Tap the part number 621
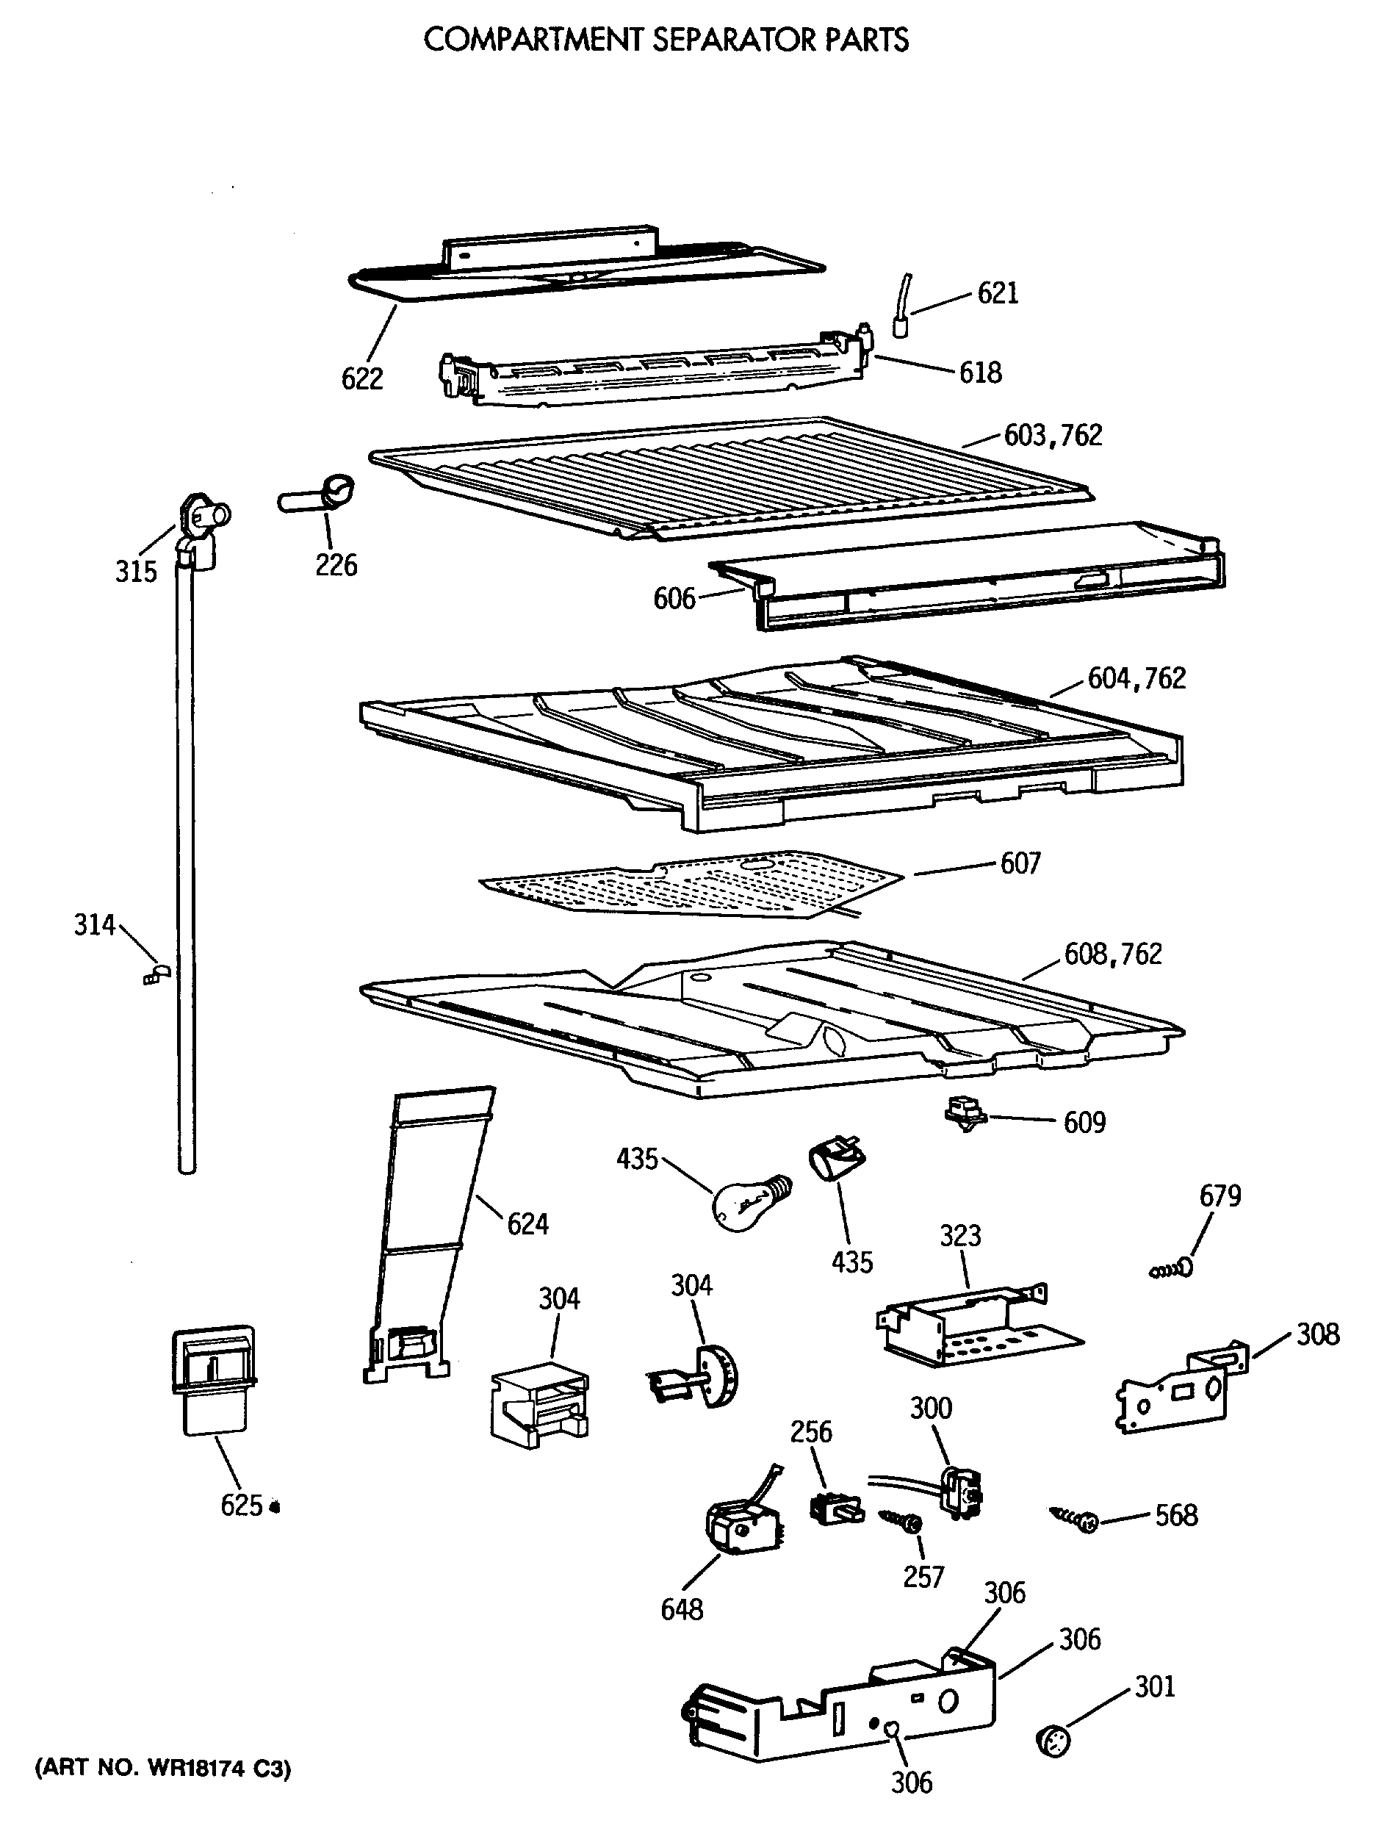[x=998, y=292]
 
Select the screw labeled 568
[x=1076, y=1519]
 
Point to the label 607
[x=1020, y=864]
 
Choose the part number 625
[x=241, y=1505]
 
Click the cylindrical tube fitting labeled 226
[x=317, y=495]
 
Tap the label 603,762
[x=1053, y=435]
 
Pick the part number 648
[x=682, y=1609]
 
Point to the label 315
[x=136, y=571]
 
